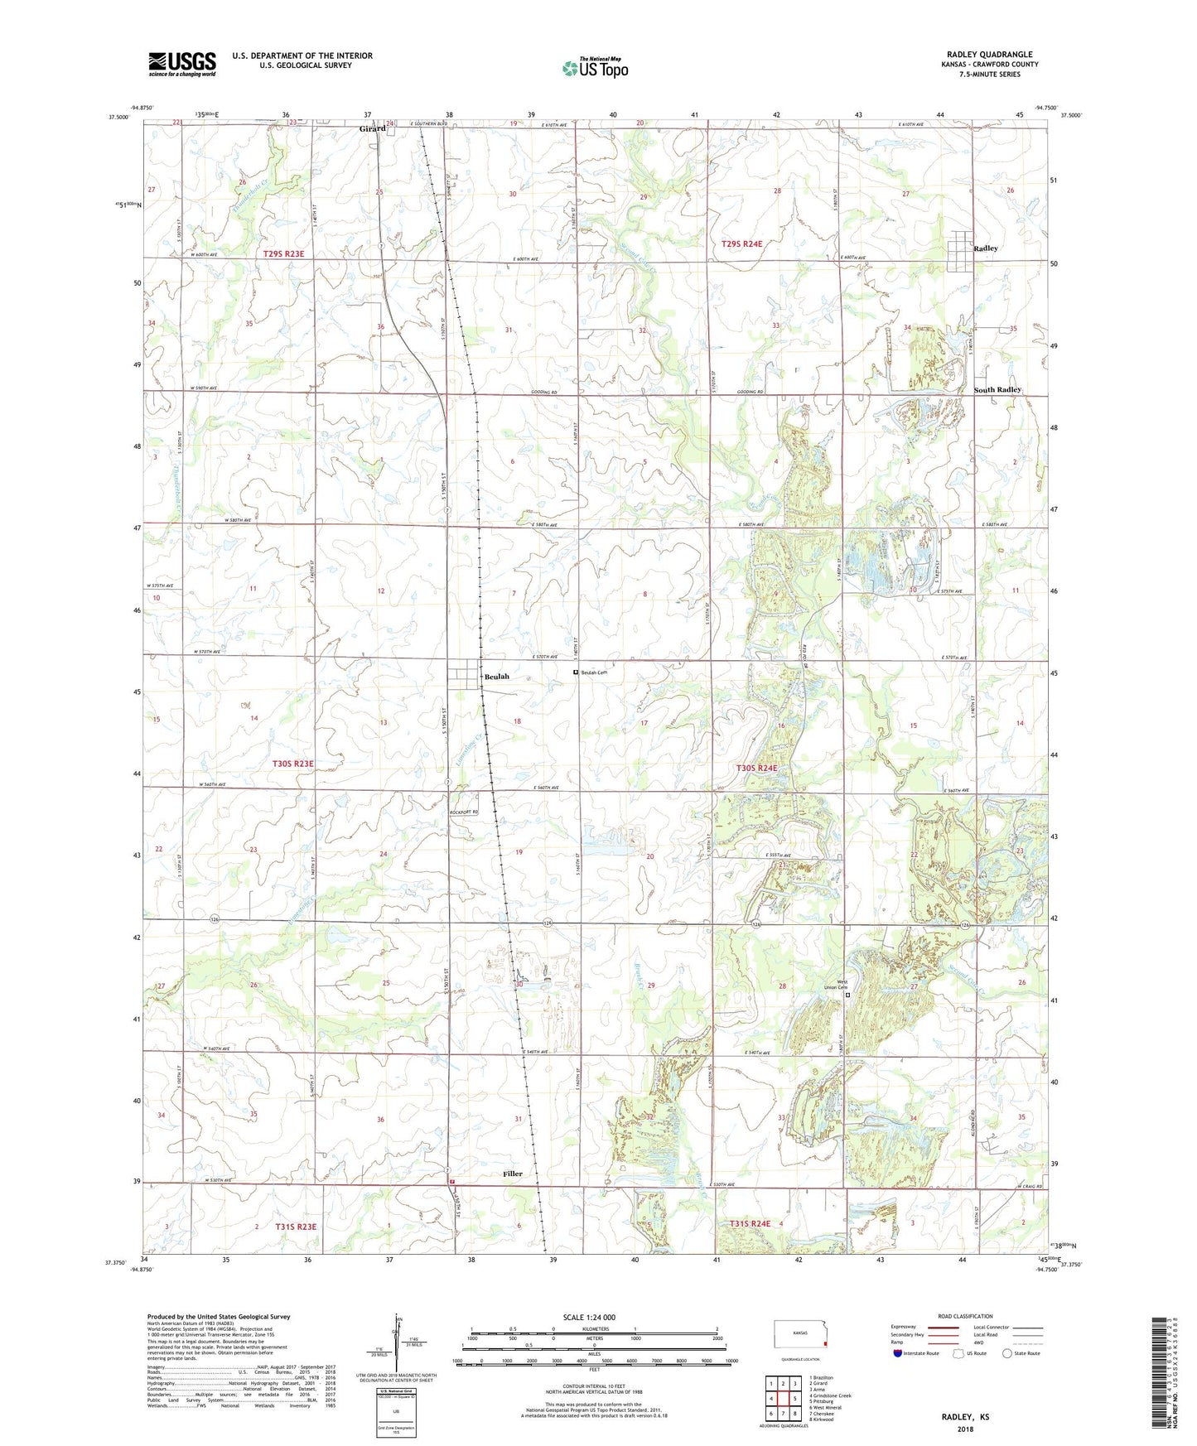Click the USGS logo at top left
coord(182,64)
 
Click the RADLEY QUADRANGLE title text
coord(989,55)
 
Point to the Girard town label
coord(372,129)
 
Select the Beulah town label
coord(497,677)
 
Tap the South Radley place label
coord(997,389)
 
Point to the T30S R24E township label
coord(756,768)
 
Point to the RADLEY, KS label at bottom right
coord(964,1416)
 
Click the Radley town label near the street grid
coord(986,248)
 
